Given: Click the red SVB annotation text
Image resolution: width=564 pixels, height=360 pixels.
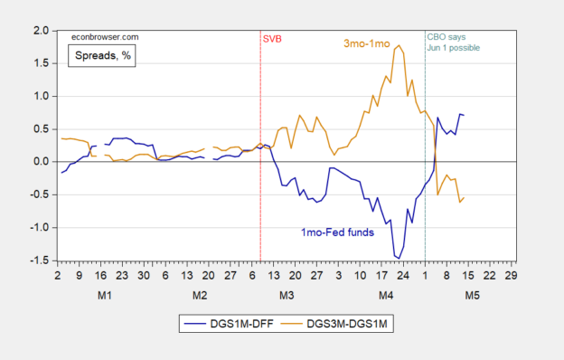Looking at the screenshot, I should (271, 39).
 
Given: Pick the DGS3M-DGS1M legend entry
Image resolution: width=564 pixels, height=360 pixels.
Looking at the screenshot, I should (339, 321).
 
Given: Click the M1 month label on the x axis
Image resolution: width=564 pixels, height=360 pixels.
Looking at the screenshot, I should (104, 296).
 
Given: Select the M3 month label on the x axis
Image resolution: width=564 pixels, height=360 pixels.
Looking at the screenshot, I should (286, 296).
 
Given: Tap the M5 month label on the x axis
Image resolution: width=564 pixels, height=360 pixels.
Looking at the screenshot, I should (472, 296).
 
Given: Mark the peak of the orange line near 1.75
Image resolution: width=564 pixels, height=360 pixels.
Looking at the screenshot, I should (399, 45).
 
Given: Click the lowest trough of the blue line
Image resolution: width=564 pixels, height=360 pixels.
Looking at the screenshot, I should (398, 258).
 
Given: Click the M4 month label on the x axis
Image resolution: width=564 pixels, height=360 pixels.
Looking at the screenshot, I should (386, 296).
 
